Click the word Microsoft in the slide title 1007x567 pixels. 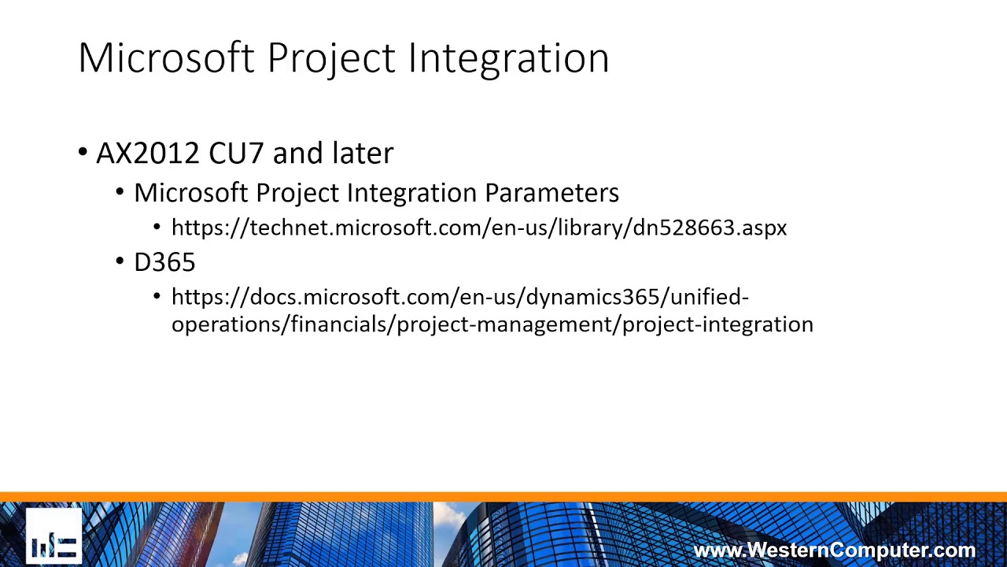click(x=166, y=57)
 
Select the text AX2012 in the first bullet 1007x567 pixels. click(x=147, y=153)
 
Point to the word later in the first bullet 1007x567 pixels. click(x=362, y=153)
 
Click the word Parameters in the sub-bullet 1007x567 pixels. click(x=551, y=193)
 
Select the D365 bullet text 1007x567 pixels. click(x=164, y=262)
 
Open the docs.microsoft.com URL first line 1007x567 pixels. click(x=459, y=297)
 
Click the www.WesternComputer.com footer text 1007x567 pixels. click(x=834, y=550)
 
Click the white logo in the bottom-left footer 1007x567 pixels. click(x=53, y=539)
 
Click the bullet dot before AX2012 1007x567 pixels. click(x=83, y=153)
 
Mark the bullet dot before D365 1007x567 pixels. click(x=120, y=262)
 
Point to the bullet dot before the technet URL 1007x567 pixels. click(x=157, y=228)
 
